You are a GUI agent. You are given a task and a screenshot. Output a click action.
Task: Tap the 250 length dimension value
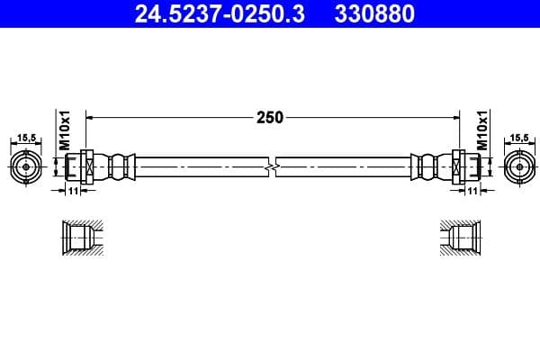[x=270, y=116]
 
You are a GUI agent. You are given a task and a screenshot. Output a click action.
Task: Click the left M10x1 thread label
[x=65, y=130]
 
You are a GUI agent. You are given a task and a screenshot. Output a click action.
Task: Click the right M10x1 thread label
[x=481, y=130]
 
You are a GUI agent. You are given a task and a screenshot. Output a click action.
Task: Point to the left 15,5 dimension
[x=26, y=138]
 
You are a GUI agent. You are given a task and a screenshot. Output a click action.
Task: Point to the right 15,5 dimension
[x=518, y=138]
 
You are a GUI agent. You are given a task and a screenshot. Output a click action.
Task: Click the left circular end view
[x=27, y=167]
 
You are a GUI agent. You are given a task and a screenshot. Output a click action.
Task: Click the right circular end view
[x=517, y=167]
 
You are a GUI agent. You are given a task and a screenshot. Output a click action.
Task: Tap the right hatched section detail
[x=461, y=238]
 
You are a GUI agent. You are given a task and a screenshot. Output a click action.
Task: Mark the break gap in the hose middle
[x=271, y=167]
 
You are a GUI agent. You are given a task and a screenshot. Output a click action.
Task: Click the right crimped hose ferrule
[x=427, y=167]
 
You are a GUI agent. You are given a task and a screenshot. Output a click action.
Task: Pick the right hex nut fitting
[x=456, y=167]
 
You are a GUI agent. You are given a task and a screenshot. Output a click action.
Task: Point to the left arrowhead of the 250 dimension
[x=91, y=116]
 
